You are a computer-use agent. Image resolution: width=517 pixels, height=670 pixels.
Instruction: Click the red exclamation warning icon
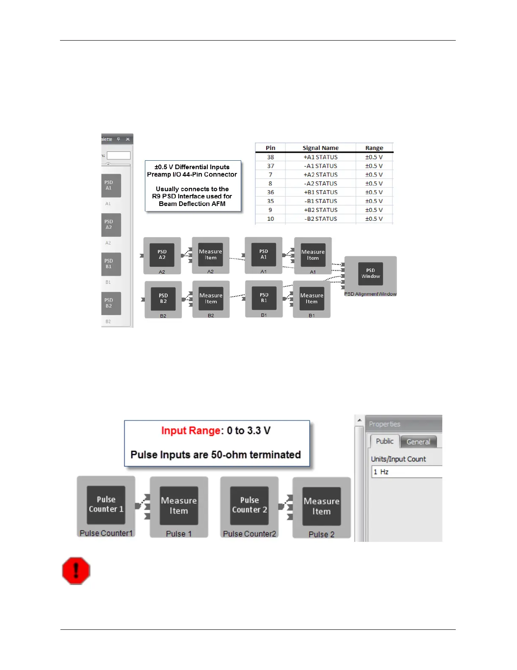[76, 571]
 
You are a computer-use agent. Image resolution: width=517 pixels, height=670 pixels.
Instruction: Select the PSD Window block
[370, 273]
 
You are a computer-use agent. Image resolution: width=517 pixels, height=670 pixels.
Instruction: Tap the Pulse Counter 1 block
[106, 504]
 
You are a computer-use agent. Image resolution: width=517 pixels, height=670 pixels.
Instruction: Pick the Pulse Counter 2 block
[249, 505]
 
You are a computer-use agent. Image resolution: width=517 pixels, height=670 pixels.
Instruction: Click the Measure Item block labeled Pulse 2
[321, 506]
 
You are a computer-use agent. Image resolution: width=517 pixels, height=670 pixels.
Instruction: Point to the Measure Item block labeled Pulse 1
[179, 505]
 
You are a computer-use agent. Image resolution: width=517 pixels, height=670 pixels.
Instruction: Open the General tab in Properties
[418, 442]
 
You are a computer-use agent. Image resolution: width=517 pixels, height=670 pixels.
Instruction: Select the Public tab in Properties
[384, 441]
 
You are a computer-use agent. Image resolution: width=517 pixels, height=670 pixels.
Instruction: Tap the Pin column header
[270, 148]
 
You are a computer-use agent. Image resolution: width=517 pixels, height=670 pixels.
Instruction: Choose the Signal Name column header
[321, 148]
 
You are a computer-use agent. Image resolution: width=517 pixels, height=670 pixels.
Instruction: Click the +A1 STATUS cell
[321, 157]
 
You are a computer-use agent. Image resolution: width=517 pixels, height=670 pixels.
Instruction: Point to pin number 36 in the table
[270, 192]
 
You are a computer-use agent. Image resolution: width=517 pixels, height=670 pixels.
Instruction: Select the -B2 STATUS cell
[321, 219]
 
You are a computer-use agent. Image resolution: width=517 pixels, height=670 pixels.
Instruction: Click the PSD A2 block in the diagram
[162, 255]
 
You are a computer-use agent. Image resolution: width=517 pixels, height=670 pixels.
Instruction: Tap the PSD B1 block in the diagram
[264, 298]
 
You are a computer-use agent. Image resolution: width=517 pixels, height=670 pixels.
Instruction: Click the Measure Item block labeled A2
[210, 255]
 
